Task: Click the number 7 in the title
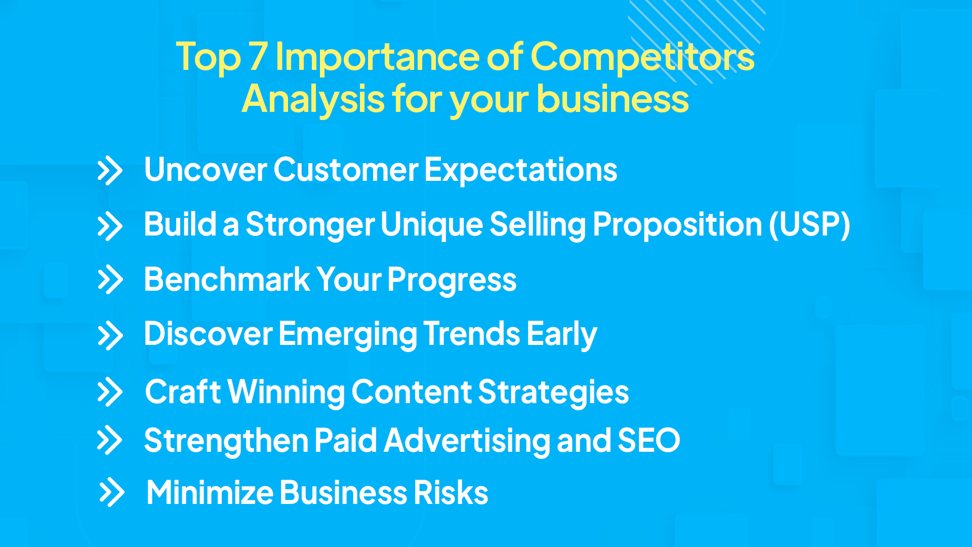click(258, 57)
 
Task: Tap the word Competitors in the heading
click(642, 57)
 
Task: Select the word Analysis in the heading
click(313, 99)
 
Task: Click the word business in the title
click(613, 99)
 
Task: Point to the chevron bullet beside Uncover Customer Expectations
click(110, 171)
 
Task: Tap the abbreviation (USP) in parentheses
click(809, 224)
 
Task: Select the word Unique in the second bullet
click(431, 224)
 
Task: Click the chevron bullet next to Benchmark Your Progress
click(110, 280)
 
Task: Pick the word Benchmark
click(227, 280)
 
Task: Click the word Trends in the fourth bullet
click(471, 334)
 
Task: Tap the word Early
click(561, 334)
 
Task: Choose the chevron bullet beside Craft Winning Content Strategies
click(110, 392)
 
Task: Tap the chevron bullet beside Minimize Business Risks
click(112, 492)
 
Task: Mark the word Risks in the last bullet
click(451, 492)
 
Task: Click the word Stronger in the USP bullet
click(310, 224)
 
